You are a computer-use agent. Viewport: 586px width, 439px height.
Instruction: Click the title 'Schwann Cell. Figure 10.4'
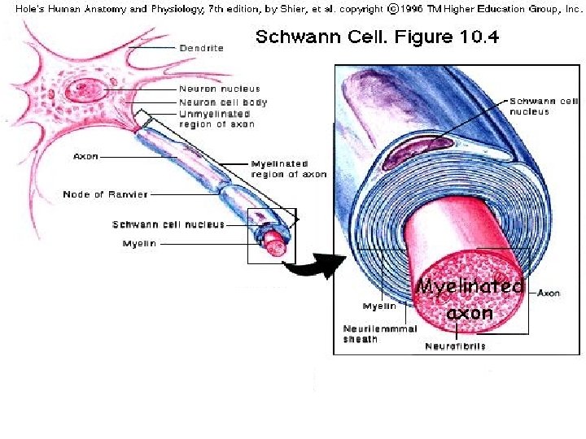click(378, 37)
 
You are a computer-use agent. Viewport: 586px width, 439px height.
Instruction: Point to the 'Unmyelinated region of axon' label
click(217, 120)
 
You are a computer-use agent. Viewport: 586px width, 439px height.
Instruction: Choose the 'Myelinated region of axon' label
click(289, 169)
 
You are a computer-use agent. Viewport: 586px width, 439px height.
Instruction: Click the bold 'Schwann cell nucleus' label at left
click(168, 224)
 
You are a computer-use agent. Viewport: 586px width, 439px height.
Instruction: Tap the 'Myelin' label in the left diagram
click(139, 243)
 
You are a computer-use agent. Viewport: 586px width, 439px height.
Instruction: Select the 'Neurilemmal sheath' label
click(380, 333)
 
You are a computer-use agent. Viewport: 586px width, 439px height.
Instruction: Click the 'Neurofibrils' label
click(456, 346)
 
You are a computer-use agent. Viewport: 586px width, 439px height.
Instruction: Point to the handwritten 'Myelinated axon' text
click(469, 299)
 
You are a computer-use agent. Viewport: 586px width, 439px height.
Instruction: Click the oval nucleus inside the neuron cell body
click(81, 89)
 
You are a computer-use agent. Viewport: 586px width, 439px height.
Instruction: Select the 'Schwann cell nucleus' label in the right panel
click(544, 106)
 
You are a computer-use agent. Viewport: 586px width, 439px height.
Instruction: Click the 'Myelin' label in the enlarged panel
click(379, 306)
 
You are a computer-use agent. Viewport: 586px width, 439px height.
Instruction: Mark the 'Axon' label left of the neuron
click(85, 156)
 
